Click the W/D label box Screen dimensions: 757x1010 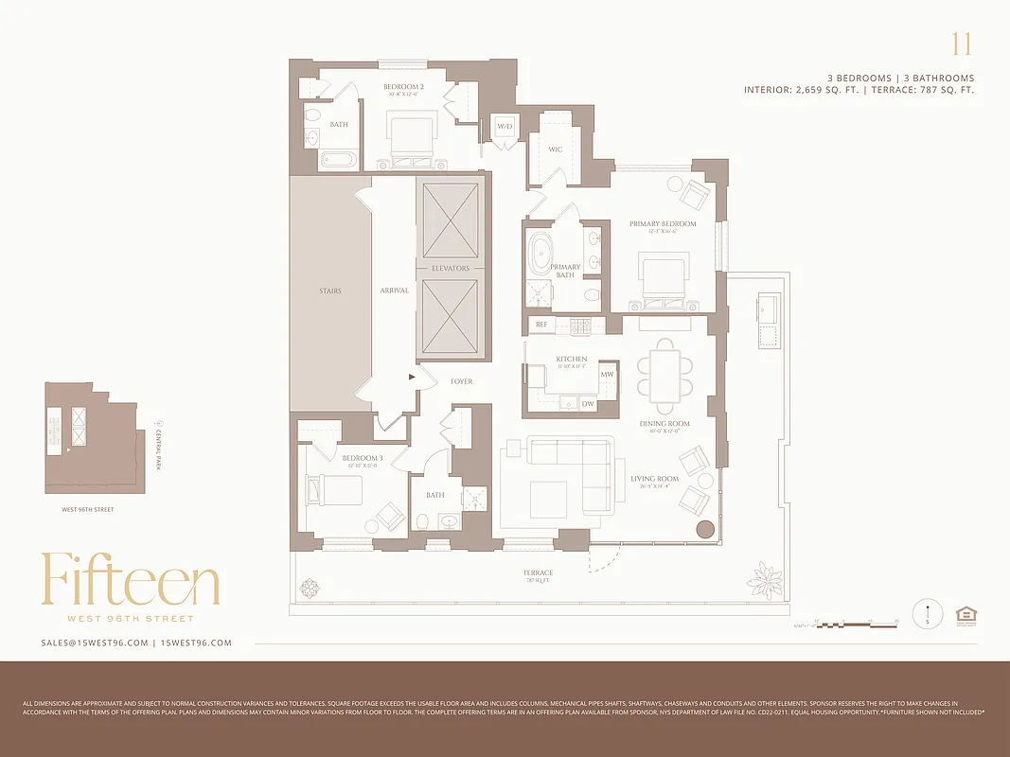point(504,127)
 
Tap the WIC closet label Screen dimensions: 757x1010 point(556,150)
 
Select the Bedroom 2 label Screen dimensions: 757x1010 point(403,87)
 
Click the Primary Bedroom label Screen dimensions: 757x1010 point(663,224)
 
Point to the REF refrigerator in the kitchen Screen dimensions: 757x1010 point(541,325)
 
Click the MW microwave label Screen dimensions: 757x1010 point(607,375)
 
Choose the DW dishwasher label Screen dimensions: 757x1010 point(588,404)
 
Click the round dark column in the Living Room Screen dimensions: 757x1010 point(705,530)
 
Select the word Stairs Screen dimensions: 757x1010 point(329,291)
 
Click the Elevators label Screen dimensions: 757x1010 point(451,269)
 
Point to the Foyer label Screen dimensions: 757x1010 point(461,382)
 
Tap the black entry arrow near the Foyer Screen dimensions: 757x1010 point(412,377)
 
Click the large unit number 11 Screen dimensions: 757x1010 point(961,44)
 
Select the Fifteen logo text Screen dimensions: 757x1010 point(130,580)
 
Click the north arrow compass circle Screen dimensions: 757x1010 point(928,614)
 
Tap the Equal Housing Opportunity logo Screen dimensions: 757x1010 point(966,614)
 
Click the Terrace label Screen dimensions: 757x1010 point(537,573)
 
